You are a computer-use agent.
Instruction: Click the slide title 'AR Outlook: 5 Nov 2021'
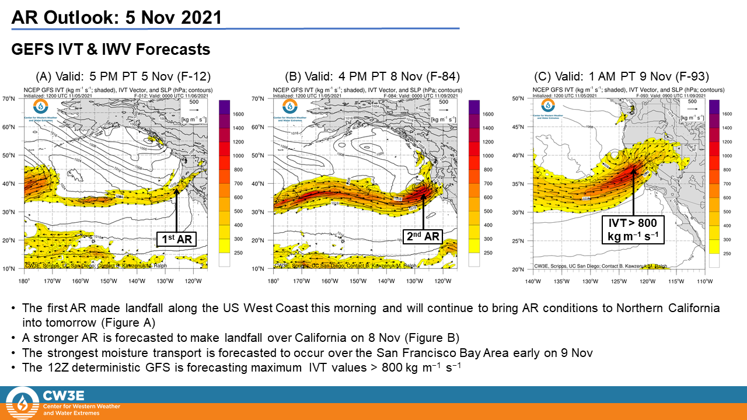click(117, 17)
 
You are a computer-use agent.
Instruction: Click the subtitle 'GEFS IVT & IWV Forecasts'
click(111, 50)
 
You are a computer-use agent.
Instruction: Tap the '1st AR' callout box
click(176, 238)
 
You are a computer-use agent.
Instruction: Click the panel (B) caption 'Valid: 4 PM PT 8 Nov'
click(372, 76)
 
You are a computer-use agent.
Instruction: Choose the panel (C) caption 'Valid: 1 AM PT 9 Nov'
click(621, 76)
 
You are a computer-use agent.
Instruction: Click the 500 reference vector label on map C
click(693, 101)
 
